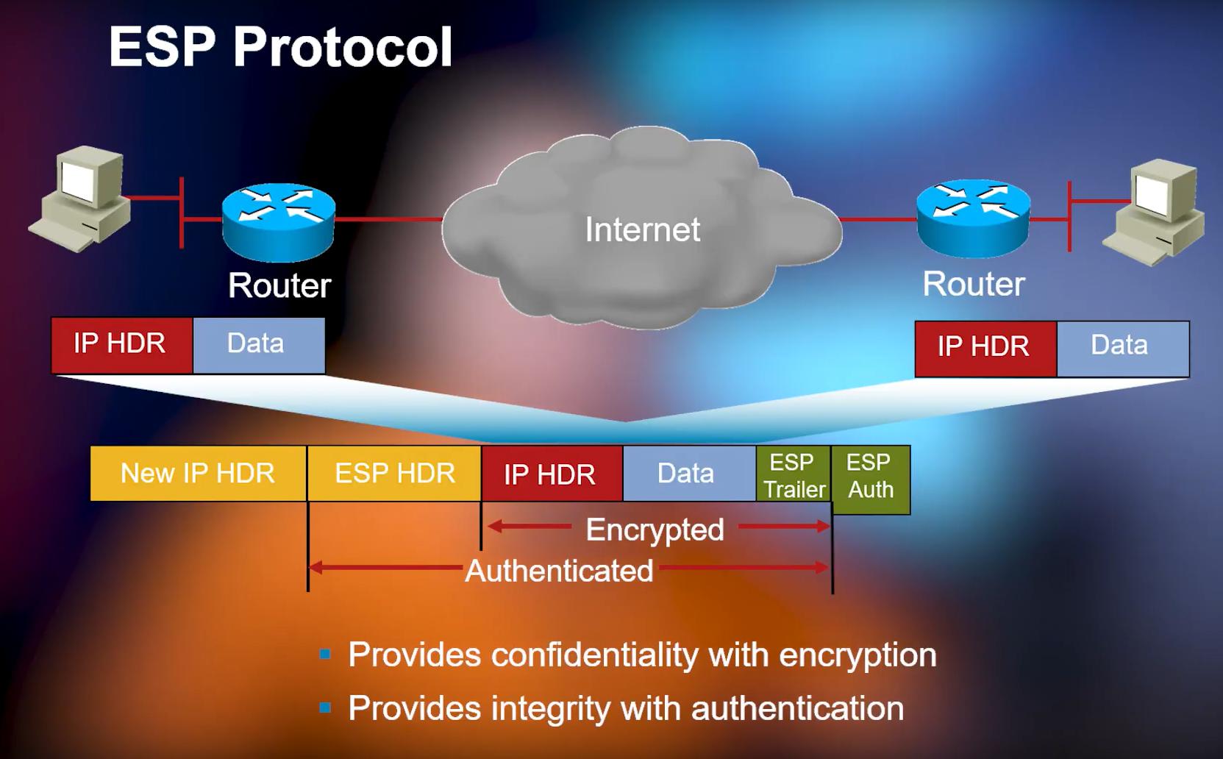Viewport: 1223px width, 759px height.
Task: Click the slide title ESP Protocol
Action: point(279,48)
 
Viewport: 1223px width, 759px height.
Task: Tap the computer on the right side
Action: point(1156,214)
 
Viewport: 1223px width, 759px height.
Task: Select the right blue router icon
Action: point(973,217)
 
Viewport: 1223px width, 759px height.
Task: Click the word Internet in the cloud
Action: point(642,229)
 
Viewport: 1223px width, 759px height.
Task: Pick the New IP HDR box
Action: point(197,473)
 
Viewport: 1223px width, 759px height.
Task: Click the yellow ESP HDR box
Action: point(394,473)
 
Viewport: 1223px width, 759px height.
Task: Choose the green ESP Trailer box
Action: point(794,476)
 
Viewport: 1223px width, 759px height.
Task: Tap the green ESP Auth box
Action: point(870,479)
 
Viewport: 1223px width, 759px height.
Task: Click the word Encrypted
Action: point(655,530)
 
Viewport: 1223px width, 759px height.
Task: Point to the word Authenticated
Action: point(559,571)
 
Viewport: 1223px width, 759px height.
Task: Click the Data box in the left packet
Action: point(257,344)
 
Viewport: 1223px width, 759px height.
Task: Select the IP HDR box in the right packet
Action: point(984,347)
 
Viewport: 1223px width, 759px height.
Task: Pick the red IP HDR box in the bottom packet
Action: point(551,474)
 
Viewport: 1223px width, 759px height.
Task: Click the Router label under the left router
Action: point(279,285)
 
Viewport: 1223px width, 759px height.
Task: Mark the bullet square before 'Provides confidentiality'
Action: point(325,655)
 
